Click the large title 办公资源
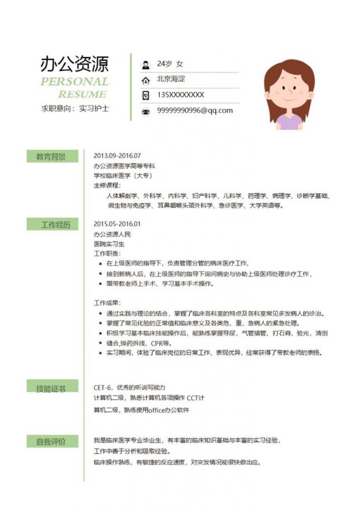click(74, 63)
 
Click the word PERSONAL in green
click(74, 81)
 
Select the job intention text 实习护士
click(94, 109)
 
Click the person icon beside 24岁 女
click(145, 65)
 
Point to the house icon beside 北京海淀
click(145, 79)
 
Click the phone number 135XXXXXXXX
click(180, 95)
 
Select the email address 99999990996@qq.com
click(194, 110)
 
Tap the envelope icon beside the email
click(145, 111)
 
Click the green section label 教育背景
click(51, 156)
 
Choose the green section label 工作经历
click(51, 224)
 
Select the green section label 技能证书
click(51, 388)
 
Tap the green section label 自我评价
click(51, 441)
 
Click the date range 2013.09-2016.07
click(116, 156)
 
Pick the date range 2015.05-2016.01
click(116, 224)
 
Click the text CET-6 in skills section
click(102, 387)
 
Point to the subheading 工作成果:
click(107, 303)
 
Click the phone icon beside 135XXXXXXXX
click(145, 95)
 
